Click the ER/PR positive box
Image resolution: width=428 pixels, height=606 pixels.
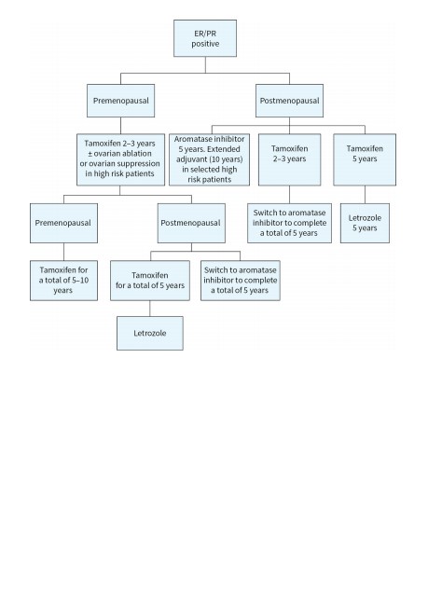pyautogui.click(x=205, y=38)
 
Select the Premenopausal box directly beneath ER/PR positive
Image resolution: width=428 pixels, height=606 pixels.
pyautogui.click(x=120, y=101)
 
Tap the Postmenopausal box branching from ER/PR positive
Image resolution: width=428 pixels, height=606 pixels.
pyautogui.click(x=289, y=101)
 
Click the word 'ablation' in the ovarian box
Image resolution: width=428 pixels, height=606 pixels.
pyautogui.click(x=136, y=154)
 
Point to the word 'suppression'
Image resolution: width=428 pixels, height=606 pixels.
pyautogui.click(x=138, y=163)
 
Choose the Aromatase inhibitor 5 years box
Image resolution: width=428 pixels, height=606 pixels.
pyautogui.click(x=209, y=159)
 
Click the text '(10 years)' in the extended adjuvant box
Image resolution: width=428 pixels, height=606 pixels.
pyautogui.click(x=226, y=159)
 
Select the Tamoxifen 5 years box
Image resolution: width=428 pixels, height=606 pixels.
pyautogui.click(x=365, y=159)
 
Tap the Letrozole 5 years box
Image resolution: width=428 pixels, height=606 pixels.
pyautogui.click(x=365, y=223)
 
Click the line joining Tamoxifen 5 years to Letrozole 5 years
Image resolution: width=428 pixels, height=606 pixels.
pyautogui.click(x=365, y=195)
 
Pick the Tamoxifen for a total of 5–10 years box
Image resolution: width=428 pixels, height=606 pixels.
pyautogui.click(x=63, y=281)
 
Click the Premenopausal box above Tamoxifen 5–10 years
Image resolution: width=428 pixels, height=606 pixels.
pyautogui.click(x=63, y=223)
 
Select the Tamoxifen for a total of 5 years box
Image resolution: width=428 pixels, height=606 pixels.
pyautogui.click(x=150, y=281)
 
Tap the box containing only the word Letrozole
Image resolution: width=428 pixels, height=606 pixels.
pyautogui.click(x=150, y=333)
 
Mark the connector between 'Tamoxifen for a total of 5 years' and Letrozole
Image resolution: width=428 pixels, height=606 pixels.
pyautogui.click(x=150, y=309)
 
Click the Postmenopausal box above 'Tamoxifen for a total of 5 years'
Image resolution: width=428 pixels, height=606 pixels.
pyautogui.click(x=191, y=223)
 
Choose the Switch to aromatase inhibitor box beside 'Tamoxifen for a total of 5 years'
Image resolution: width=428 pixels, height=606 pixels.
pyautogui.click(x=240, y=281)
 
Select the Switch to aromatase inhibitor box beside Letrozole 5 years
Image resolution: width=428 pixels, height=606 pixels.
pyautogui.click(x=289, y=223)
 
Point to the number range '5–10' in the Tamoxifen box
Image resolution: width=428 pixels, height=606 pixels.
pyautogui.click(x=80, y=281)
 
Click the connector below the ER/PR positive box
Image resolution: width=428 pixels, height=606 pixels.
pyautogui.click(x=205, y=65)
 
